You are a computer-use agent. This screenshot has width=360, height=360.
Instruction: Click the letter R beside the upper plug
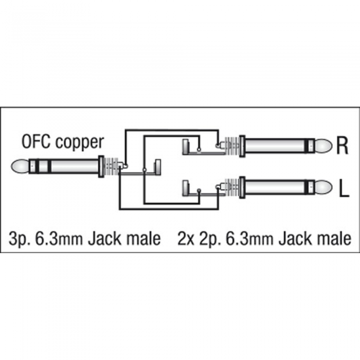click(x=343, y=146)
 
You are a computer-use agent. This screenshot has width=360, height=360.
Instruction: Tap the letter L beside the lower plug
click(x=344, y=189)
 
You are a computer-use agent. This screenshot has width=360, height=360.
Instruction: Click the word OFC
click(x=37, y=141)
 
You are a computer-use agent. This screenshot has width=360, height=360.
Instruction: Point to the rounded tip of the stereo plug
click(x=20, y=167)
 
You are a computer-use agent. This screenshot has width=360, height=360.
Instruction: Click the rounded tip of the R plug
click(x=323, y=146)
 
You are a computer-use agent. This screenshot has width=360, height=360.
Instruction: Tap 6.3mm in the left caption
click(x=59, y=239)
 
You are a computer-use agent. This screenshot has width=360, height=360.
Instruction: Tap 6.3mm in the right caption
click(x=250, y=239)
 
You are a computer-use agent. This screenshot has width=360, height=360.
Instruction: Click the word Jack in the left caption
click(x=105, y=239)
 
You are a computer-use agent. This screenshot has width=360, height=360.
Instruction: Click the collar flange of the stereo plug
click(x=101, y=167)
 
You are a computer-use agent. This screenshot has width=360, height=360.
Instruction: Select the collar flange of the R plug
click(x=242, y=146)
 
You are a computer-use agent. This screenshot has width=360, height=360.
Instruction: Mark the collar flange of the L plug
click(x=242, y=188)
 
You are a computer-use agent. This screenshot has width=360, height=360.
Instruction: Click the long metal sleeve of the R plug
click(x=276, y=146)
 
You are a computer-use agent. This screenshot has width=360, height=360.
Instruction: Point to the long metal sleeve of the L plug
click(x=276, y=187)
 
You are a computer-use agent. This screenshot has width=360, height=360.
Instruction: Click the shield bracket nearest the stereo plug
click(x=158, y=167)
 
